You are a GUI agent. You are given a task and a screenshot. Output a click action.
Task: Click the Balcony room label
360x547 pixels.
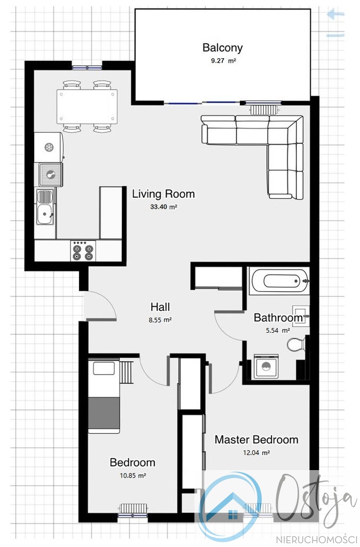coord(222,48)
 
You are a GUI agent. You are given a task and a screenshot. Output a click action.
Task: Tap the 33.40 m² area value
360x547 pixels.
coord(164,207)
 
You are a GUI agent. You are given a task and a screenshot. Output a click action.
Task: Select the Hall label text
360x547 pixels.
coord(160,307)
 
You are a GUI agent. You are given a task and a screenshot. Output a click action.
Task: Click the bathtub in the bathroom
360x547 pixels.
coord(279,280)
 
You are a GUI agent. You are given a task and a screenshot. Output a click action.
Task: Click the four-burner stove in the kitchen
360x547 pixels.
coord(83,251)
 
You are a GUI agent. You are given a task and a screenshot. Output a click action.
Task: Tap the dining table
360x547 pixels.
coord(87,106)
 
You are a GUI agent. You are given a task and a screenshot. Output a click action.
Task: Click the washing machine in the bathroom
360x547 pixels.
coord(266,366)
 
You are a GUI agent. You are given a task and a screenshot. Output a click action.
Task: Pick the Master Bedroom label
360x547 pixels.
coord(256,440)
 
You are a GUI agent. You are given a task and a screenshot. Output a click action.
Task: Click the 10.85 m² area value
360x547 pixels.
coord(132,475)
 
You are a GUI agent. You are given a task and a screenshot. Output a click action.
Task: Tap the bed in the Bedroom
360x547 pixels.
coord(104,396)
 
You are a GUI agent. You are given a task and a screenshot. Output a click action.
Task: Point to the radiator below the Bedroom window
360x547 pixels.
coord(133,509)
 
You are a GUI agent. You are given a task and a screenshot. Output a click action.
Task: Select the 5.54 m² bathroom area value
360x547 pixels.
coord(278,330)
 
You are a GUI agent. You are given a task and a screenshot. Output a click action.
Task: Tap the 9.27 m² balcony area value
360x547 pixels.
coord(223,61)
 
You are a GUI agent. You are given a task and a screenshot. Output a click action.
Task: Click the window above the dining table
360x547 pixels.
coord(87,67)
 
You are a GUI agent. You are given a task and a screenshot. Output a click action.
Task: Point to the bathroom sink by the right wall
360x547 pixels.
coord(301,316)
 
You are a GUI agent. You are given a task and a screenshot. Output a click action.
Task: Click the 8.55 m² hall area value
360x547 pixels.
coord(160,319)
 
